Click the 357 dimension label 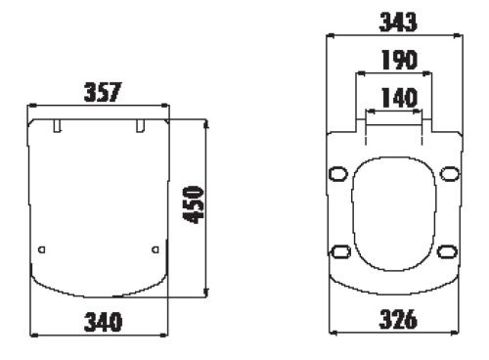pyautogui.click(x=103, y=92)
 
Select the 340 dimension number pyautogui.click(x=103, y=322)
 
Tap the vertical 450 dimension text pyautogui.click(x=194, y=204)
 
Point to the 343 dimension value pyautogui.click(x=398, y=22)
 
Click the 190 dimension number pyautogui.click(x=399, y=60)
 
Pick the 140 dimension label pyautogui.click(x=399, y=98)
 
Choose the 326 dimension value pyautogui.click(x=398, y=319)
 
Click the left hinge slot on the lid pyautogui.click(x=57, y=126)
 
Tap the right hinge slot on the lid pyautogui.click(x=140, y=126)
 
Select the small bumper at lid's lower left pyautogui.click(x=42, y=249)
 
